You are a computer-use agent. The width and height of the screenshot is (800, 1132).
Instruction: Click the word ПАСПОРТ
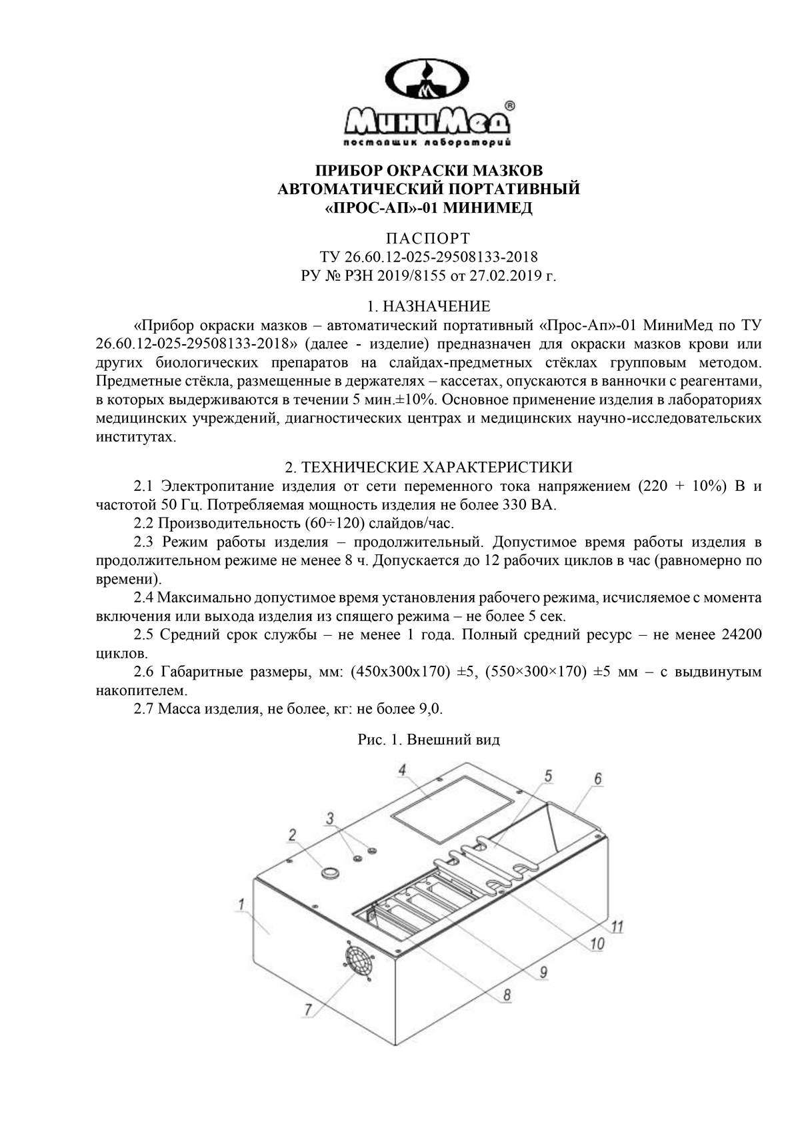[428, 238]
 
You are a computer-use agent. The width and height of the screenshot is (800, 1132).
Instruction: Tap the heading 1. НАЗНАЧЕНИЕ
[429, 306]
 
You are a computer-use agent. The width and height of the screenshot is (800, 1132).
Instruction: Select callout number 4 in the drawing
[402, 770]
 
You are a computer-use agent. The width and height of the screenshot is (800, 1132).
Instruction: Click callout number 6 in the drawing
[598, 778]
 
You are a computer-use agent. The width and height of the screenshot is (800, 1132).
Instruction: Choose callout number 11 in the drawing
[617, 927]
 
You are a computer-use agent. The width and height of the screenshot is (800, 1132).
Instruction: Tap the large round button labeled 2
[329, 872]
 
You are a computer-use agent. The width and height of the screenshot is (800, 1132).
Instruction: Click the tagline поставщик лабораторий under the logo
[427, 142]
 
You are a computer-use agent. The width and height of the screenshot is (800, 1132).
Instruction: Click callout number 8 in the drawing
[507, 995]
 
